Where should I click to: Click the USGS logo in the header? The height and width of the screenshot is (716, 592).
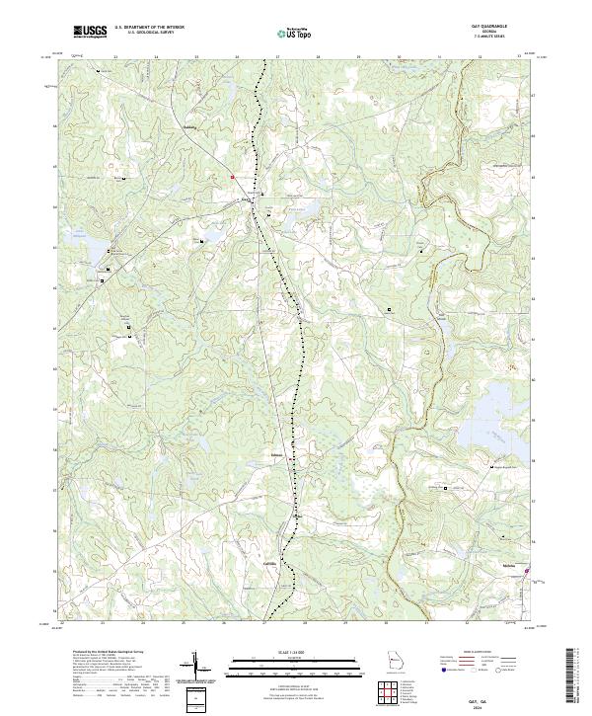(x=89, y=32)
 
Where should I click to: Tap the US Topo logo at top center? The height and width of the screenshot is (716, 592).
(x=295, y=32)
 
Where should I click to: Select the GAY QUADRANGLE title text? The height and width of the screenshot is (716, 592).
(x=501, y=28)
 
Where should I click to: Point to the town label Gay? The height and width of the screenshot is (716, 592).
(x=246, y=197)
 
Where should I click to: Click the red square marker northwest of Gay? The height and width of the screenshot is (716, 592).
(x=232, y=178)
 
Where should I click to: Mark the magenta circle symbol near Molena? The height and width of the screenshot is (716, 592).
(x=527, y=571)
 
